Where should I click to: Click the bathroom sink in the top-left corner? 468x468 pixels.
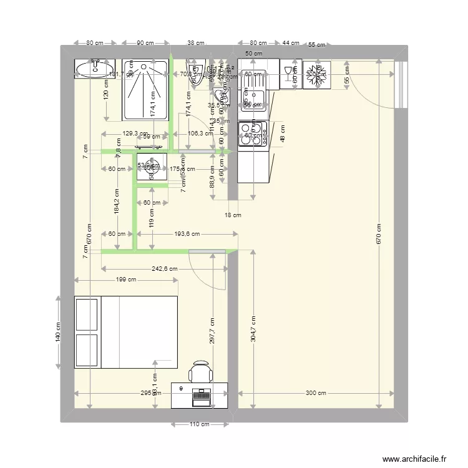click(x=94, y=69)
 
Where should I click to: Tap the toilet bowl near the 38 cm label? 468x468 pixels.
click(x=197, y=72)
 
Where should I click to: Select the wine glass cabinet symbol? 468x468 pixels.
click(x=290, y=74)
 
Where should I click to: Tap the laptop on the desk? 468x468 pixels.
click(x=201, y=394)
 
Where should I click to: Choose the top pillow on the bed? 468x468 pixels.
click(x=87, y=315)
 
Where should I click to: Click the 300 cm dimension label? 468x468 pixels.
click(x=316, y=394)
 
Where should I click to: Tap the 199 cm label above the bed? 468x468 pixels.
click(x=126, y=280)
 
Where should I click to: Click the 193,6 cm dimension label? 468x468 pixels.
click(x=187, y=234)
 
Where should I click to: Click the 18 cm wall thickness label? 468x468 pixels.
click(x=232, y=215)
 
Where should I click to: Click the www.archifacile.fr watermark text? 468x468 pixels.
click(x=412, y=459)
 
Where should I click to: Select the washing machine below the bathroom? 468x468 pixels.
click(x=152, y=167)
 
